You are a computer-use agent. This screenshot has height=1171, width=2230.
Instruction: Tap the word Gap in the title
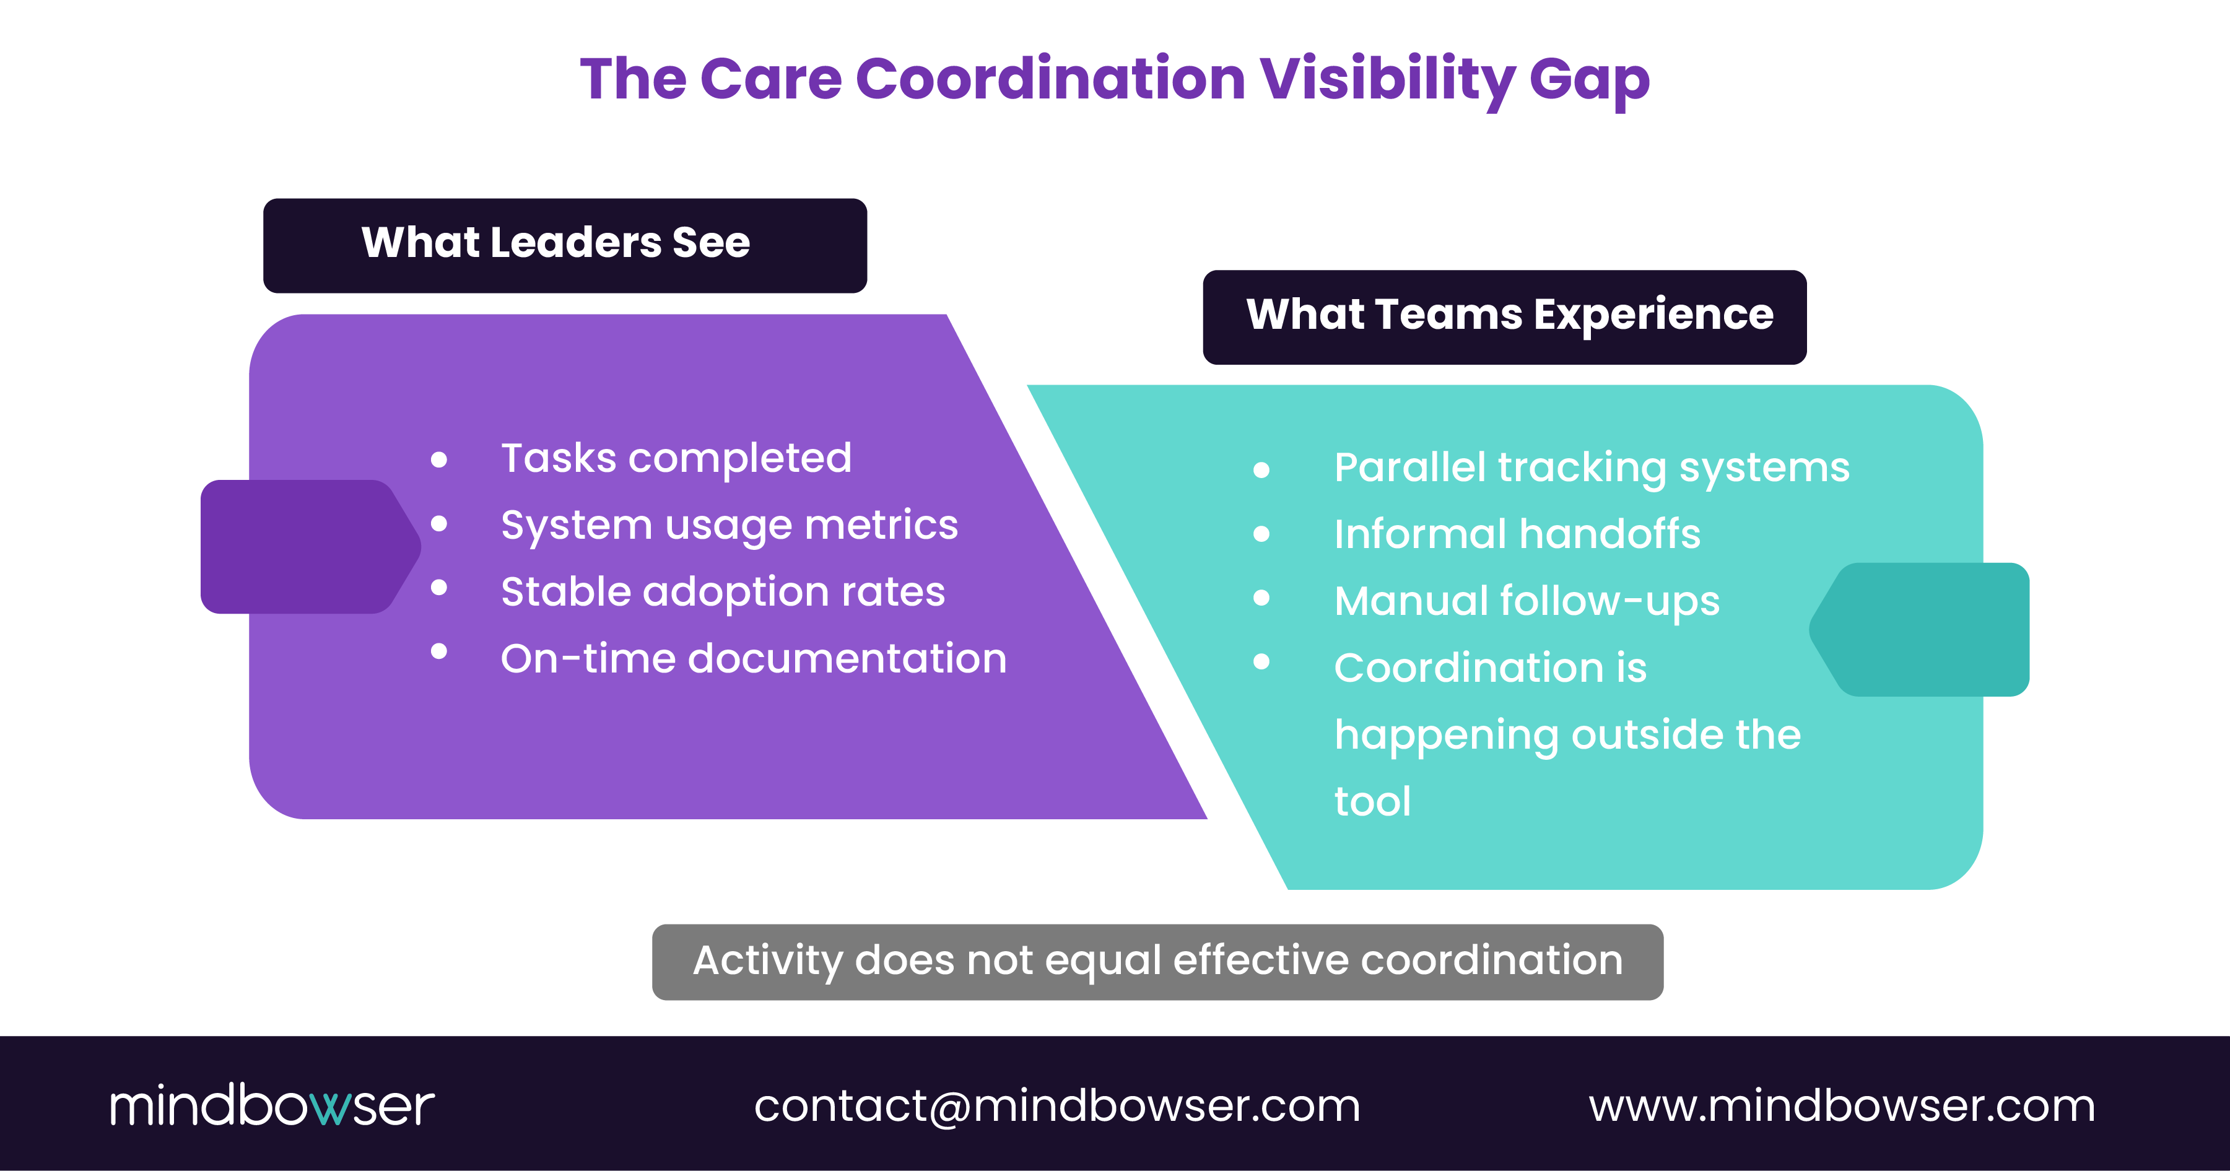click(x=1590, y=80)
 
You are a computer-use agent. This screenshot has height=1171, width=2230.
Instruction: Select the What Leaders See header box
click(x=564, y=245)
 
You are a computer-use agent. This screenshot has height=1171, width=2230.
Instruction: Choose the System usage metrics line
click(x=729, y=525)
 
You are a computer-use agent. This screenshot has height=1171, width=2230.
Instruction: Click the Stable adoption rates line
click(x=723, y=592)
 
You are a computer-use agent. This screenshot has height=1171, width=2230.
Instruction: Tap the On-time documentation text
click(x=753, y=659)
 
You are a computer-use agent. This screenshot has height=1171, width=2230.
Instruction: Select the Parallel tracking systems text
click(x=1591, y=468)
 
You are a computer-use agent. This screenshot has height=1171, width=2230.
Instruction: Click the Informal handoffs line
click(x=1517, y=534)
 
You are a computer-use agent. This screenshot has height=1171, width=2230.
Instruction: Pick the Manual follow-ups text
click(x=1527, y=601)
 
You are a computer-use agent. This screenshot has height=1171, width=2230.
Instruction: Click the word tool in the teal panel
click(x=1372, y=801)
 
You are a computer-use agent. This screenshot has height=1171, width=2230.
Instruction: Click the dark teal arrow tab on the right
click(x=1926, y=629)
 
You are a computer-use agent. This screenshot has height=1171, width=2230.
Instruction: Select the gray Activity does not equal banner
click(x=1157, y=962)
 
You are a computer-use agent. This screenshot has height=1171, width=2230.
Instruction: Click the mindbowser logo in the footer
click(x=272, y=1105)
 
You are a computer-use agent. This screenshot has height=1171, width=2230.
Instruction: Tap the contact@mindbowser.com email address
click(x=1056, y=1106)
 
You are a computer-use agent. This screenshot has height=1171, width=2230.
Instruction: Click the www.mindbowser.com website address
click(x=1841, y=1106)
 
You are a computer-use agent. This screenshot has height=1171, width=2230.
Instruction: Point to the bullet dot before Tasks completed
click(x=439, y=459)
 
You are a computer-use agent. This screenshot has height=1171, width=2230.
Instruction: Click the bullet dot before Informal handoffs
click(x=1261, y=534)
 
